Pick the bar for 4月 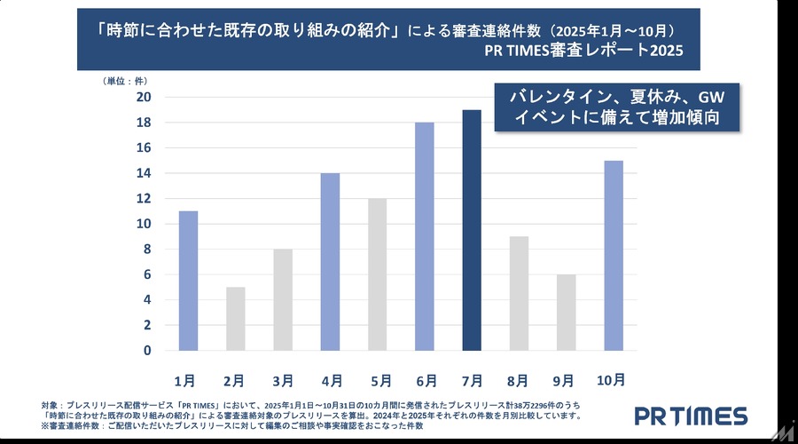[x=330, y=262]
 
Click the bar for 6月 [x=426, y=236]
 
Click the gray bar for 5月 [x=378, y=274]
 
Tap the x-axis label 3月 [x=282, y=380]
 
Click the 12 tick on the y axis [x=144, y=198]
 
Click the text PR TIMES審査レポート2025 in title [x=584, y=52]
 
